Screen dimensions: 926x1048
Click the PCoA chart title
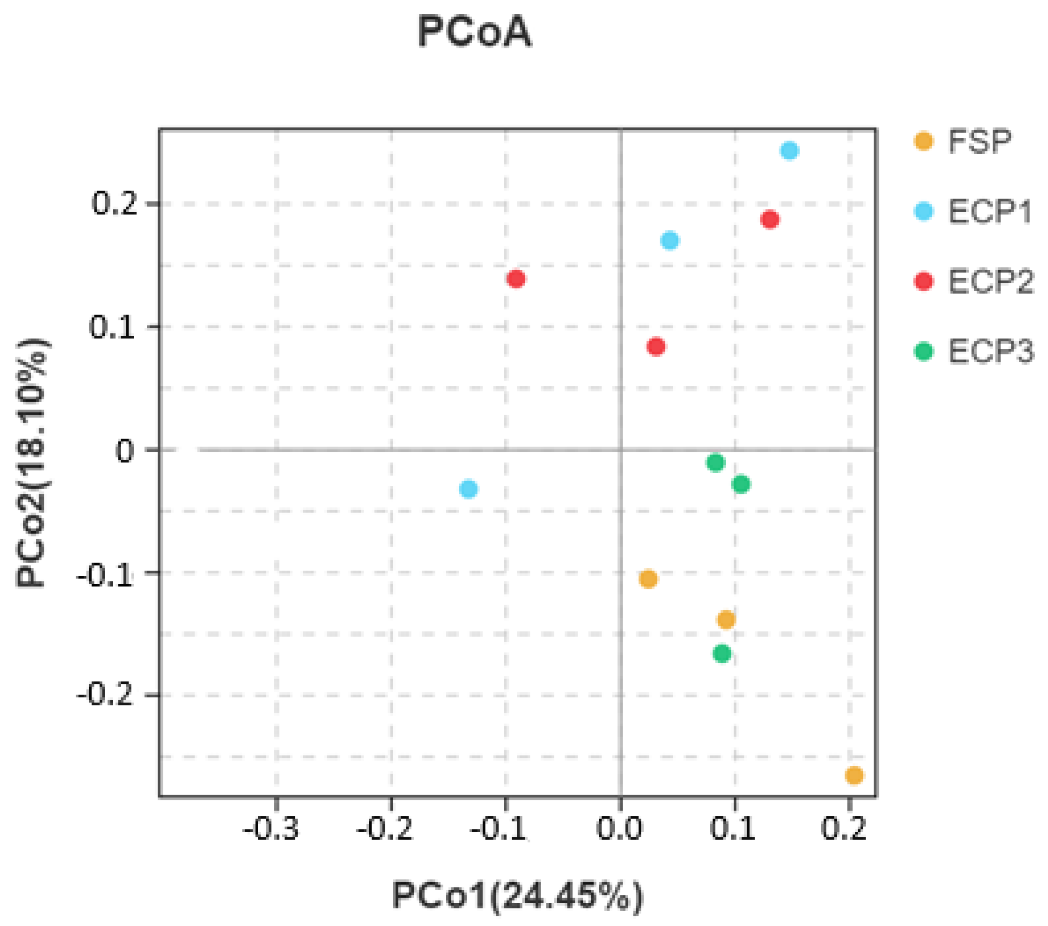click(475, 32)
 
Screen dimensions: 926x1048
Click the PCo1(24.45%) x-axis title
click(517, 895)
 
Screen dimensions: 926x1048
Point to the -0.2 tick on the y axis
click(105, 695)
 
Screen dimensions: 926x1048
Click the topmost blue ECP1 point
click(789, 151)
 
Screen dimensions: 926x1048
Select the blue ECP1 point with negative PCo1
click(469, 489)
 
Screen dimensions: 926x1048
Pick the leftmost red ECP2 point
click(516, 279)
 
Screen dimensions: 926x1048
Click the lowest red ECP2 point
click(656, 347)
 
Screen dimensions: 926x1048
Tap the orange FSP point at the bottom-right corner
click(854, 775)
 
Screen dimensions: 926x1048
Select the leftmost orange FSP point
click(649, 579)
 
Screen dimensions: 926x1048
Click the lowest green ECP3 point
click(722, 654)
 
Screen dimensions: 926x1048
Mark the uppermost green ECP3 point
click(715, 463)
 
